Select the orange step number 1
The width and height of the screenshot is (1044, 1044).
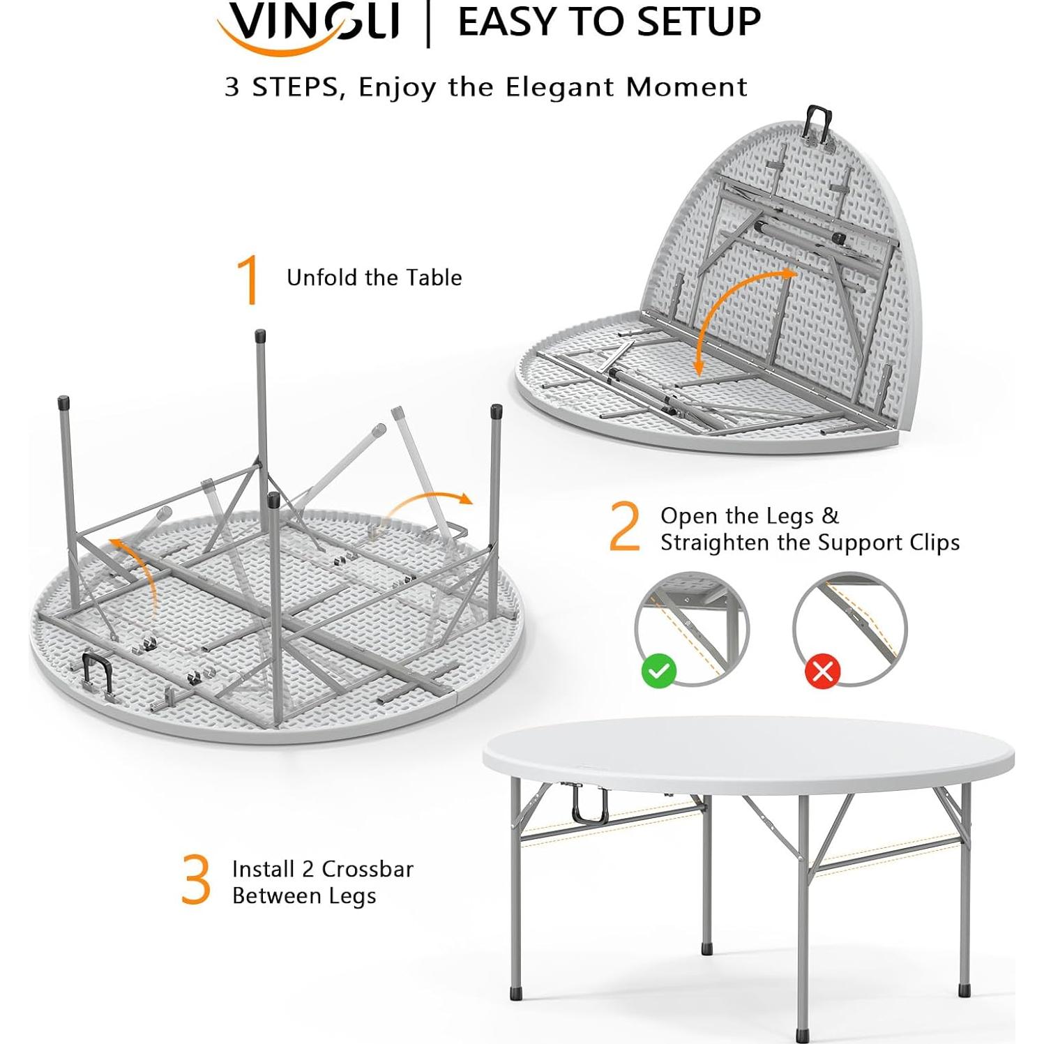248,280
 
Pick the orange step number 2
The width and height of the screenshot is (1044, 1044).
623,527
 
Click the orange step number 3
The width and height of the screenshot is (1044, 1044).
195,880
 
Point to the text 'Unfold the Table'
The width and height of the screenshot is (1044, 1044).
374,278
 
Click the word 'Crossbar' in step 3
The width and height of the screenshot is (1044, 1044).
368,869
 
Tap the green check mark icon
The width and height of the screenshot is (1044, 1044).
658,671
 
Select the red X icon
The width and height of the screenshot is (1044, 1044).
822,672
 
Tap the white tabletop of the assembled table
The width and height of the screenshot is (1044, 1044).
746,753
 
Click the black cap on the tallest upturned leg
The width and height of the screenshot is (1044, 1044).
260,335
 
